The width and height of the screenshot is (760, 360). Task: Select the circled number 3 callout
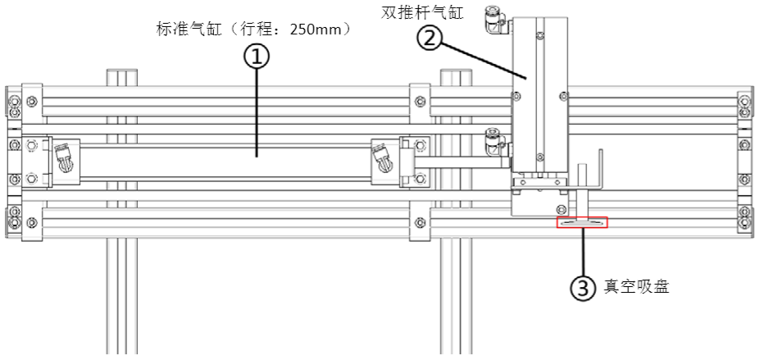pos(582,288)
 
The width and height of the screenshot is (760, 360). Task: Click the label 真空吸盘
pos(636,286)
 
